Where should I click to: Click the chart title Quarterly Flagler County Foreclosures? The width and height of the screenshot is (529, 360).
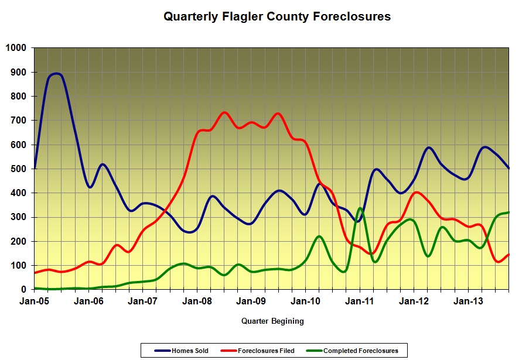pos(277,17)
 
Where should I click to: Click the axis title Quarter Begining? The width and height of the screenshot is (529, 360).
pos(272,321)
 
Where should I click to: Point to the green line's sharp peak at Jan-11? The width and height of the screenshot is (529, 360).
pos(360,208)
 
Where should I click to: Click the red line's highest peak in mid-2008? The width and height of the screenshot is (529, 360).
pos(224,112)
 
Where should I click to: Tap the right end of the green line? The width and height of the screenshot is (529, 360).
pos(508,212)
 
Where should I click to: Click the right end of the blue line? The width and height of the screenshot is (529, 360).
pos(508,169)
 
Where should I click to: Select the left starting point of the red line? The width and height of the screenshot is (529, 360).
pos(35,273)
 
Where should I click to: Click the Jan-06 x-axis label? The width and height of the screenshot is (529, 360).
pos(88,301)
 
